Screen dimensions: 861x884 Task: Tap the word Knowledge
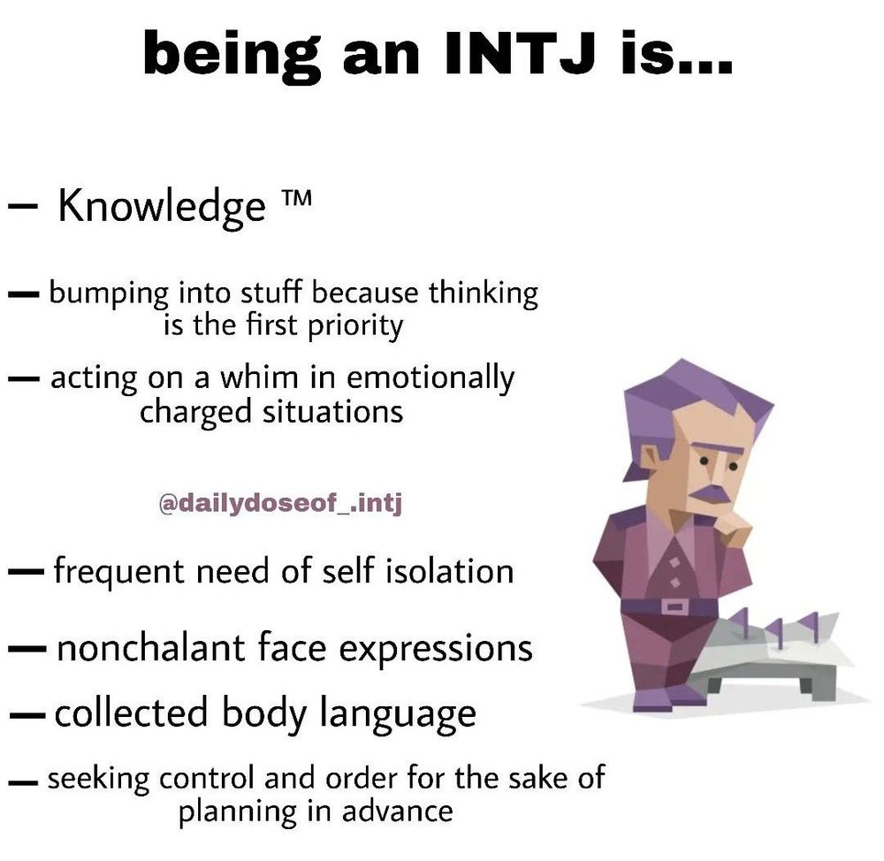[162, 206]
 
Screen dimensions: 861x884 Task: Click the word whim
[263, 377]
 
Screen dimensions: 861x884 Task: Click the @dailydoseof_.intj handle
[280, 506]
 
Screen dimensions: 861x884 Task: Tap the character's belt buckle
[674, 606]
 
